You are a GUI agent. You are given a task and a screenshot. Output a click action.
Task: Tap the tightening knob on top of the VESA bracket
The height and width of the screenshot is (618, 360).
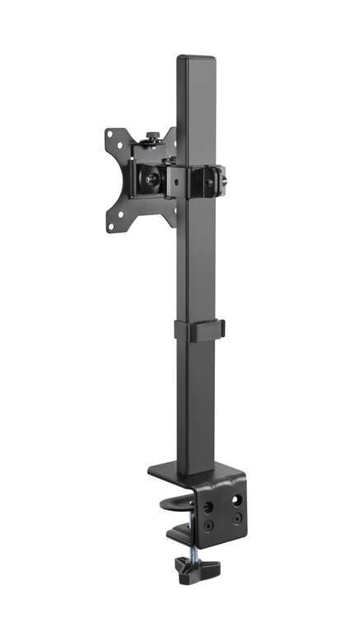tap(152, 137)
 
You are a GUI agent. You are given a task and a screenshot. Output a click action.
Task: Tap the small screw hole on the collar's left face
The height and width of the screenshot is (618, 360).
tap(176, 179)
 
